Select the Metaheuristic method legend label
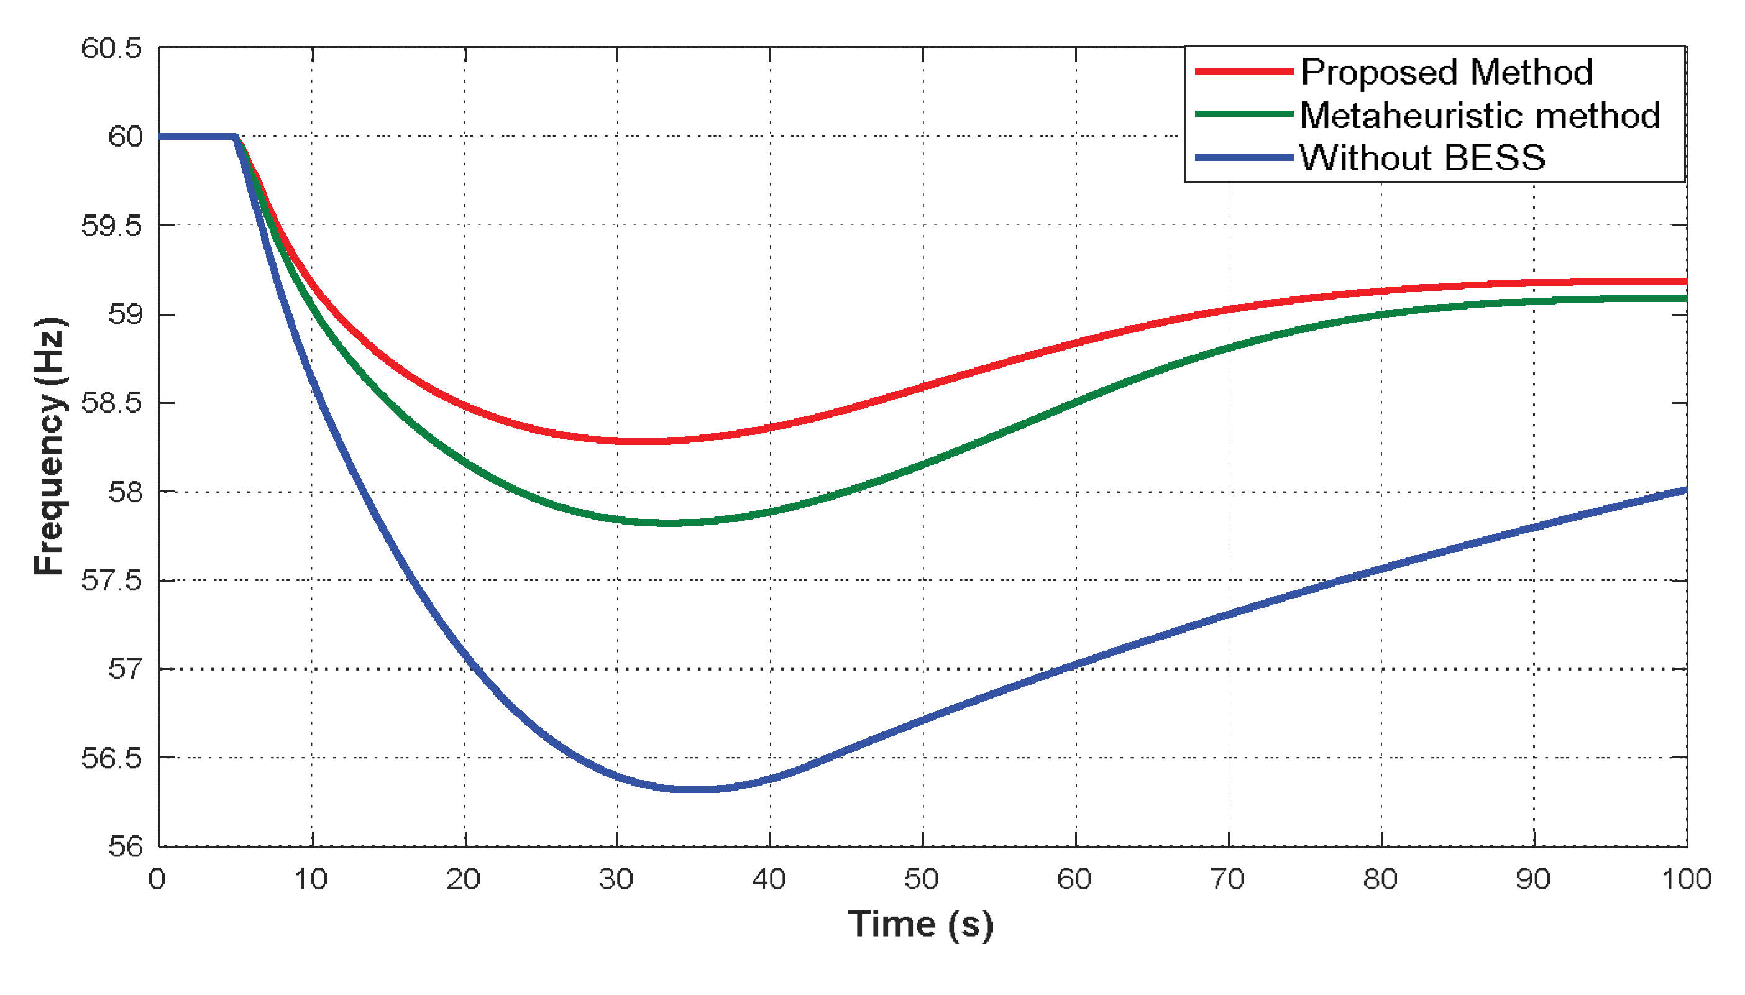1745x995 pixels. pyautogui.click(x=1479, y=115)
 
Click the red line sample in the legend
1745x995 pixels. pyautogui.click(x=1243, y=71)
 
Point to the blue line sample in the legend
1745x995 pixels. pyautogui.click(x=1243, y=158)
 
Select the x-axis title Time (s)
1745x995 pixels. pyautogui.click(x=920, y=925)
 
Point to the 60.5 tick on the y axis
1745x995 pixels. pyautogui.click(x=111, y=48)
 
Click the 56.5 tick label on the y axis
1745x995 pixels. pyautogui.click(x=111, y=758)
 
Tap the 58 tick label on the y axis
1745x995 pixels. pyautogui.click(x=125, y=492)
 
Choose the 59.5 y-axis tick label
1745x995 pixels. pyautogui.click(x=111, y=226)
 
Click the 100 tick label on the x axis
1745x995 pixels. pyautogui.click(x=1685, y=879)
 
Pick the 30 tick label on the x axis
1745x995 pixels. pyautogui.click(x=616, y=879)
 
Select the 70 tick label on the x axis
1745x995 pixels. pyautogui.click(x=1227, y=879)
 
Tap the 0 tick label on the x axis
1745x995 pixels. pyautogui.click(x=157, y=879)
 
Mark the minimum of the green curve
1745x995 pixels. pyautogui.click(x=669, y=523)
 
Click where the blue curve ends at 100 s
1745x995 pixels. pyautogui.click(x=1685, y=490)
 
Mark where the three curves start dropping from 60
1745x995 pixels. pyautogui.click(x=235, y=137)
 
